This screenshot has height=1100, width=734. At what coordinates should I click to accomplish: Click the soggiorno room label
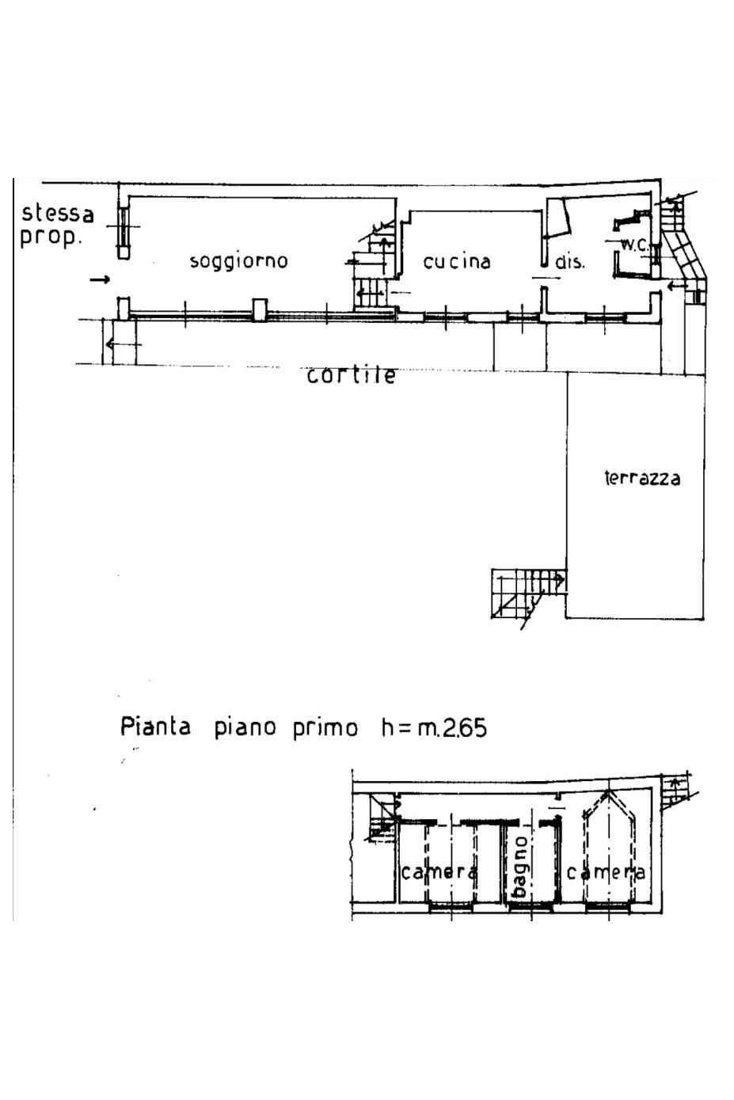point(238,261)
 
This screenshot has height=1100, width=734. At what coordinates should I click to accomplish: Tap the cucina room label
point(457,262)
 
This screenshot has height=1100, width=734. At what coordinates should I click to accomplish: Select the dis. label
point(569,262)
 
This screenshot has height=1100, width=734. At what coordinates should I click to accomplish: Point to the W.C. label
point(635,245)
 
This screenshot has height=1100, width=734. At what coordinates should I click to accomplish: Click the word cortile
point(352,375)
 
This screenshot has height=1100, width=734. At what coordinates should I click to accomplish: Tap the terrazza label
point(642,478)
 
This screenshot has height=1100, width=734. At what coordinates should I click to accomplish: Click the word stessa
point(58,214)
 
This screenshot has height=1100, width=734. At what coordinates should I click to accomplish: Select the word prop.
point(51,237)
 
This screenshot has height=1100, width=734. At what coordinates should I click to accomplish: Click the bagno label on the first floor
point(519,868)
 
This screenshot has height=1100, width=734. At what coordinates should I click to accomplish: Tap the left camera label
point(439,872)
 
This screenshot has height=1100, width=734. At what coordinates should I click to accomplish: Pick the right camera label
point(606,872)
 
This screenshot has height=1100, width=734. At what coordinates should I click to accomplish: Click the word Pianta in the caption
point(155,726)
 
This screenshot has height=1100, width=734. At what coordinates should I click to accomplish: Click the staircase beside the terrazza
point(523,594)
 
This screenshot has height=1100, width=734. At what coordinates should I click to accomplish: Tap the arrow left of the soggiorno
point(100,279)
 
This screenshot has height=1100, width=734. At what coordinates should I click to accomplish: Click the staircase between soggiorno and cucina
point(372,269)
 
